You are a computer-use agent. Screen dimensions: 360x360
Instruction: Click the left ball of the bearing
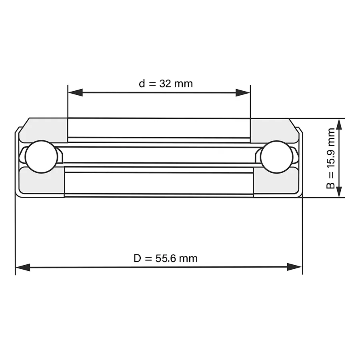[x=41, y=156]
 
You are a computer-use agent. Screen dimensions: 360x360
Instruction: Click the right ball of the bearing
[x=277, y=156]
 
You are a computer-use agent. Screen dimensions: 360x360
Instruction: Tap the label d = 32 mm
[x=166, y=84]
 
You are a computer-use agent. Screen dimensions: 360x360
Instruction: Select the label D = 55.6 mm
[x=166, y=258]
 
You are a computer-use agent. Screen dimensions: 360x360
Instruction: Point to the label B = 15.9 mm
[x=331, y=158]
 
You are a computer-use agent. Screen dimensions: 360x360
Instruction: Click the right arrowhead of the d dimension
[x=243, y=93]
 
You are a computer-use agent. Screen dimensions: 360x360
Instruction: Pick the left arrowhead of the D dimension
[x=23, y=267]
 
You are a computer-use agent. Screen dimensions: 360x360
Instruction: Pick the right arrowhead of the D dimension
[x=294, y=267]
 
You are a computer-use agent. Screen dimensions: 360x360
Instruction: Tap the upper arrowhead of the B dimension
[x=339, y=126]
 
